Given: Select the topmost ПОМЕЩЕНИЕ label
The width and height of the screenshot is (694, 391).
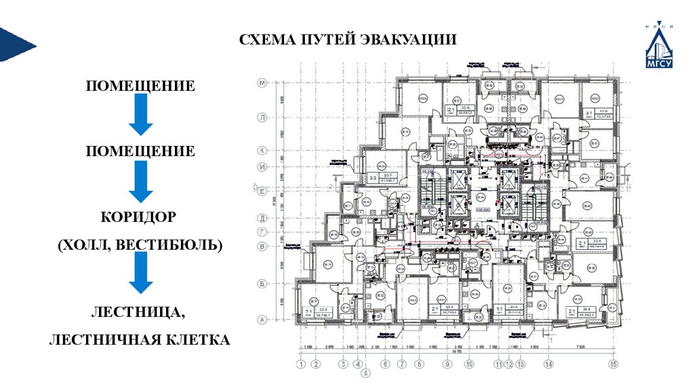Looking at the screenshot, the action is click(140, 86).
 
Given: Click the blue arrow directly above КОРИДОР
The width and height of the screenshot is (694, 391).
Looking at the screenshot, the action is click(140, 181).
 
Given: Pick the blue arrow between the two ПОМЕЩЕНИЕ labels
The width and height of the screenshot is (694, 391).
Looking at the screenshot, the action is click(140, 114).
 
